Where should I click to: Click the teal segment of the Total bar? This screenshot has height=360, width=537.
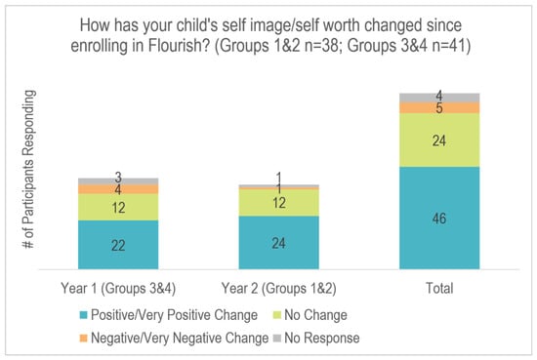pyautogui.click(x=439, y=218)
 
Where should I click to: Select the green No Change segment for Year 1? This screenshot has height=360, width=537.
pyautogui.click(x=118, y=207)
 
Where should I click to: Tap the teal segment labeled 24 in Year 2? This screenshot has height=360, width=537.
pyautogui.click(x=279, y=243)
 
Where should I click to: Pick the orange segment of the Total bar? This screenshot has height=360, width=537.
pyautogui.click(x=439, y=107)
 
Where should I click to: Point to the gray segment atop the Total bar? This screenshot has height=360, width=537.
pyautogui.click(x=439, y=98)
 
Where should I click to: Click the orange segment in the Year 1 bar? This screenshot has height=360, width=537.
pyautogui.click(x=118, y=189)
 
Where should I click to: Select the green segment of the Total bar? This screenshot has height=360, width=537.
pyautogui.click(x=439, y=140)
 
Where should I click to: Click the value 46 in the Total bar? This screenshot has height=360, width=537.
pyautogui.click(x=439, y=219)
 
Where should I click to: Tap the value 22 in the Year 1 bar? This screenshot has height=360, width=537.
pyautogui.click(x=118, y=245)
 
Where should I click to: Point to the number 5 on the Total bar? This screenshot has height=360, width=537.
pyautogui.click(x=439, y=108)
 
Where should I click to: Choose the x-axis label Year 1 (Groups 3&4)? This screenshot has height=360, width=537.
pyautogui.click(x=118, y=288)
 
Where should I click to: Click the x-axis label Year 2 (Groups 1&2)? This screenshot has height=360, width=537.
pyautogui.click(x=279, y=288)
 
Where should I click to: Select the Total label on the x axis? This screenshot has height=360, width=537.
pyautogui.click(x=439, y=288)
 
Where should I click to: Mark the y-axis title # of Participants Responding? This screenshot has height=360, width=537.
pyautogui.click(x=28, y=169)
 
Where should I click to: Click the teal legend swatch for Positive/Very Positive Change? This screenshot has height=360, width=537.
pyautogui.click(x=83, y=315)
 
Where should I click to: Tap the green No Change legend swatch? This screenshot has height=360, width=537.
pyautogui.click(x=276, y=315)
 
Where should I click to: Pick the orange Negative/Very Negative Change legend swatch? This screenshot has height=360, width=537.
pyautogui.click(x=83, y=339)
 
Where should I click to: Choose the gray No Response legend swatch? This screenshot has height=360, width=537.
pyautogui.click(x=276, y=339)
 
